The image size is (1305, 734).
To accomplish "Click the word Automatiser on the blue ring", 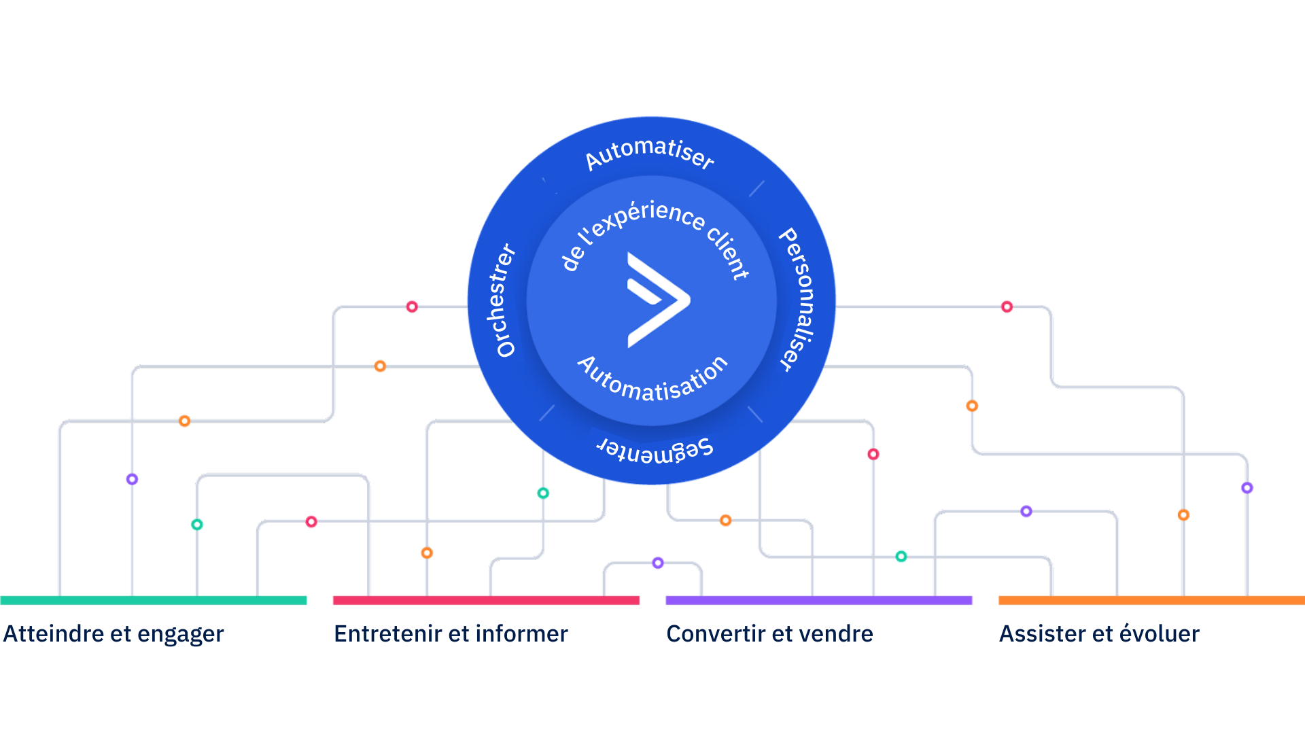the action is click(x=650, y=154).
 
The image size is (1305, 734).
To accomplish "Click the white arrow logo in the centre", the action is click(x=658, y=300).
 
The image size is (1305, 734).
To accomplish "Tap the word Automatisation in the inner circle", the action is click(x=652, y=379).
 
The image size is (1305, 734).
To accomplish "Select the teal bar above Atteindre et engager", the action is click(x=154, y=600).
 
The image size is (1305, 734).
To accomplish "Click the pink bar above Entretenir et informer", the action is click(x=486, y=600).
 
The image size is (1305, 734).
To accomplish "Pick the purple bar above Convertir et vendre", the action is click(x=819, y=600).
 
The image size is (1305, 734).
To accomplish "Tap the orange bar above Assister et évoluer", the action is click(x=1151, y=600).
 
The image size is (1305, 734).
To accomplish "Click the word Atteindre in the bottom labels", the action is click(x=54, y=633).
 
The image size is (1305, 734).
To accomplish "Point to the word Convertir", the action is click(x=716, y=633).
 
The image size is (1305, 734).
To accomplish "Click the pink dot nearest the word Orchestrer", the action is click(x=412, y=307).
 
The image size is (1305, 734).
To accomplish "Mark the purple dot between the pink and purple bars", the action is click(x=658, y=563).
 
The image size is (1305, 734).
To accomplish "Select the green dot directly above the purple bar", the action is click(x=901, y=556).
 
